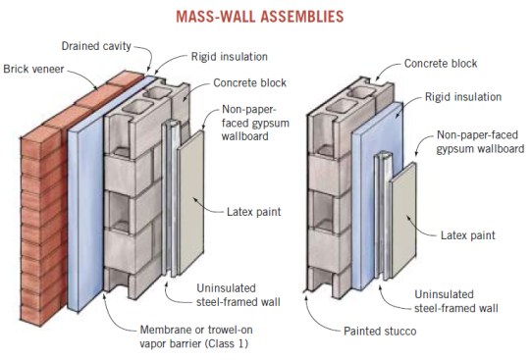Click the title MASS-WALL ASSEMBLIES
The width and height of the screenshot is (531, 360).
(260, 17)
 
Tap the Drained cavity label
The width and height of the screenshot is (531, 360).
(96, 46)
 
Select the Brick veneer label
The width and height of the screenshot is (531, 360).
(33, 69)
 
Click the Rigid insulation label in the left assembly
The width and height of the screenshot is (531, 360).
(230, 57)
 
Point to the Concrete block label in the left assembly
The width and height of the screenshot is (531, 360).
(249, 83)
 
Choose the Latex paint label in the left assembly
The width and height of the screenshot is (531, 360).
(253, 212)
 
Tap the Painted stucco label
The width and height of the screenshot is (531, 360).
(380, 331)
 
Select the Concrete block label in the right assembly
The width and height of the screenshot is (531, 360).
(441, 64)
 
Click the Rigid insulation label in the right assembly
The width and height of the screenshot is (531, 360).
(463, 97)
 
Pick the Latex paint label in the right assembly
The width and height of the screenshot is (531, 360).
(467, 235)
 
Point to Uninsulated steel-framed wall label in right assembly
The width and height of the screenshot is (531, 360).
(456, 301)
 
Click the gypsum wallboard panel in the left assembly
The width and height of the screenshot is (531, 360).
(190, 203)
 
